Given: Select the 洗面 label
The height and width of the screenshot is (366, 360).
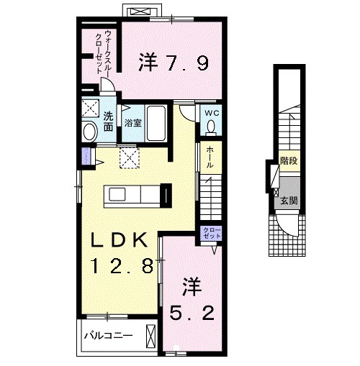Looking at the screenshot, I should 107,121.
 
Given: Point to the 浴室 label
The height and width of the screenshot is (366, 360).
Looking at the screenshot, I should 132,122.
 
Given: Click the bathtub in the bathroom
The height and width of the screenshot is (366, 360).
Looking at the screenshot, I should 156,122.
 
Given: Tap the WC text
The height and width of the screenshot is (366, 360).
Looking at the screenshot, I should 212,113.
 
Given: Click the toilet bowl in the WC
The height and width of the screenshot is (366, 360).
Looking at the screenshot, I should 212,127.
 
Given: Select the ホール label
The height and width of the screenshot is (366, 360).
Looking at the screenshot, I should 210,157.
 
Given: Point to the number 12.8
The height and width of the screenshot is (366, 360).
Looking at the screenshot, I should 120,266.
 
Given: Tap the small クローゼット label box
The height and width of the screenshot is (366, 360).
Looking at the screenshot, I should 208,233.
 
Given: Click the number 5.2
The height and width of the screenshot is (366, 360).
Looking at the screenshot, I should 191,314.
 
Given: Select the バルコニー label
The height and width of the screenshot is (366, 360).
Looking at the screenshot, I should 107,335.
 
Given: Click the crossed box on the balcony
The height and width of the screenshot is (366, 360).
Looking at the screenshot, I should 150,335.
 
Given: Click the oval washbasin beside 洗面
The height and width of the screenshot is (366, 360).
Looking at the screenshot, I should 89,132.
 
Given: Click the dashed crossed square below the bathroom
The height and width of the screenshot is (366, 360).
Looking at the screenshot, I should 128,156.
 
